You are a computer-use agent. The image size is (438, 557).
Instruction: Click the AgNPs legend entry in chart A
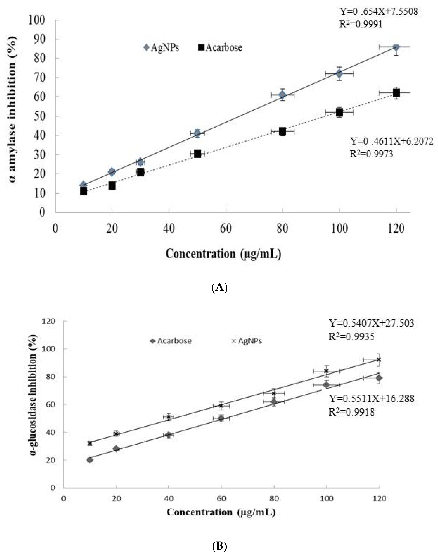click(162, 48)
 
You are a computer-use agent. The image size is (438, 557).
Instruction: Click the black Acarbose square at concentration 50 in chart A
click(197, 154)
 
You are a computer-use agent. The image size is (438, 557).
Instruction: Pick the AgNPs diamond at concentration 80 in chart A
click(282, 95)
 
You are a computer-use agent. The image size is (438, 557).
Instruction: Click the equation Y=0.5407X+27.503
click(371, 323)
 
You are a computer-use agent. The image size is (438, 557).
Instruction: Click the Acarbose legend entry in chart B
click(171, 341)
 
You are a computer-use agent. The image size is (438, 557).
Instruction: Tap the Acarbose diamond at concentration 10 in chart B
click(90, 460)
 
